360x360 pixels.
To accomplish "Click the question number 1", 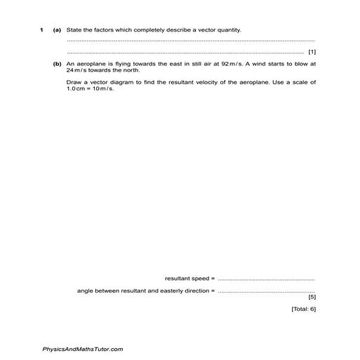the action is (x=41, y=30).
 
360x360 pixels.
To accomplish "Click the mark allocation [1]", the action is (x=312, y=53).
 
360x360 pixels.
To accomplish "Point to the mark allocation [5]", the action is (x=312, y=296).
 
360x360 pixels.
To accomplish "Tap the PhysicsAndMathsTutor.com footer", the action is (x=83, y=349).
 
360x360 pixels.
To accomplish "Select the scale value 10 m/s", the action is (x=102, y=88).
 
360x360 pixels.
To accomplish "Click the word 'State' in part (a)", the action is (x=74, y=30).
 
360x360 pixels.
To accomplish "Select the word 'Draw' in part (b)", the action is (x=74, y=82).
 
